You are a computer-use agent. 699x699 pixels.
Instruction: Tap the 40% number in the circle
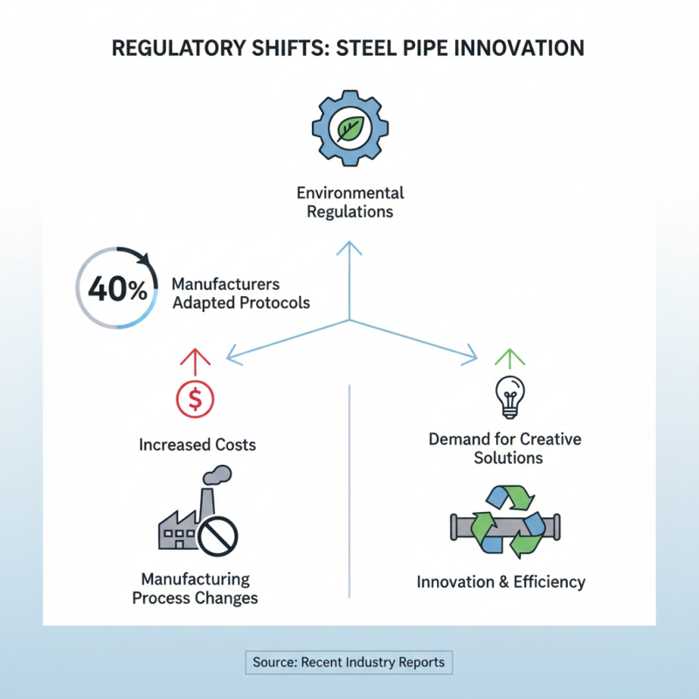pyautogui.click(x=118, y=291)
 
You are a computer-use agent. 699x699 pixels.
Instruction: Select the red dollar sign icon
pyautogui.click(x=195, y=399)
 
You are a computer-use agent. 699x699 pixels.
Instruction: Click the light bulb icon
pyautogui.click(x=509, y=396)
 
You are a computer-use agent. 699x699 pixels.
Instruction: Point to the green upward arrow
pyautogui.click(x=508, y=356)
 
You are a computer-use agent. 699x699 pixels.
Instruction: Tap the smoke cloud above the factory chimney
pyautogui.click(x=218, y=474)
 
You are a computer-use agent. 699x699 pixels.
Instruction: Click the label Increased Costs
pyautogui.click(x=197, y=445)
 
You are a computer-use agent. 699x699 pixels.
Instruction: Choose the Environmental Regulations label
pyautogui.click(x=349, y=202)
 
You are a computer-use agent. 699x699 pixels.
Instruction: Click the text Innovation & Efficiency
pyautogui.click(x=501, y=582)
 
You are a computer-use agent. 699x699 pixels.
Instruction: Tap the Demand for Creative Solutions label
pyautogui.click(x=505, y=447)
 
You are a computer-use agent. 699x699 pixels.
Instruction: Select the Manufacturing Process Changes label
pyautogui.click(x=195, y=589)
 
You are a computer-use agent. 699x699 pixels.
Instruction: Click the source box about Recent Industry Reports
pyautogui.click(x=349, y=662)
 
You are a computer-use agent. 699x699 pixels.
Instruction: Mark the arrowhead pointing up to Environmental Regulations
pyautogui.click(x=349, y=248)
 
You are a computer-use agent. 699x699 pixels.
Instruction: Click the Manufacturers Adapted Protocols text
pyautogui.click(x=240, y=294)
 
